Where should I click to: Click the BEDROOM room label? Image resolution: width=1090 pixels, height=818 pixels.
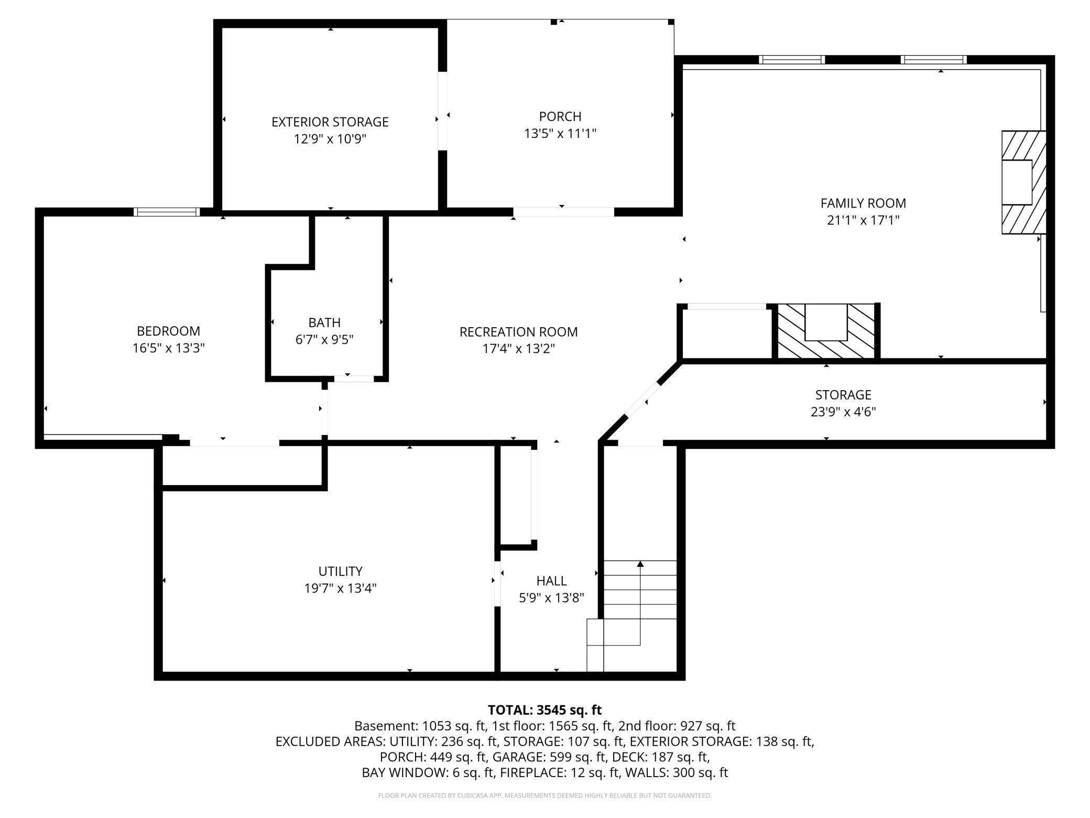168,331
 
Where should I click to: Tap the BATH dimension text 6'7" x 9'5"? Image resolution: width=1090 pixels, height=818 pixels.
324,340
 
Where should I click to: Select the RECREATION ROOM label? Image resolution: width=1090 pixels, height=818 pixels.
518,332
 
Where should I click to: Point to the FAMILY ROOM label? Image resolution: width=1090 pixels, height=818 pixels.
863,203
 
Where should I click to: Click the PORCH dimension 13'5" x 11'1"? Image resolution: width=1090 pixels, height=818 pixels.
560,134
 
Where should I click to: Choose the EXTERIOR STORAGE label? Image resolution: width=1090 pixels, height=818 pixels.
330,122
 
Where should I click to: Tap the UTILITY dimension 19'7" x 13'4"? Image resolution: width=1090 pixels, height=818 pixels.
340,588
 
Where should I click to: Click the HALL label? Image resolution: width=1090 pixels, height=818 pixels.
551,581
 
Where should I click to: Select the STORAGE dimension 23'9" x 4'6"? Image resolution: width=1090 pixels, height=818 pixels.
843,412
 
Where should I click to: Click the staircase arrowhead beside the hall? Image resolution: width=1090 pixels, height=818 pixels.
640,564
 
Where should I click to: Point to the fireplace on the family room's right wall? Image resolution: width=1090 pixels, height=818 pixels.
1023,182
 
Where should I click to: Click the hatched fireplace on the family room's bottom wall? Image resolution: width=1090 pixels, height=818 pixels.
825,331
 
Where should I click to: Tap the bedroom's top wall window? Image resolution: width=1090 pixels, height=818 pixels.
167,212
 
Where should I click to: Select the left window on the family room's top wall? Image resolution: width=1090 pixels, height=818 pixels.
792,60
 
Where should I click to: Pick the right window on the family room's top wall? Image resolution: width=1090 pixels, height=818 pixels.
933,60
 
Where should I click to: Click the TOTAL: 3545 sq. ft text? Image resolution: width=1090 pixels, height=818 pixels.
544,710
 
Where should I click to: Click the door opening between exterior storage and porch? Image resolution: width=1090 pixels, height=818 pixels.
443,111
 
